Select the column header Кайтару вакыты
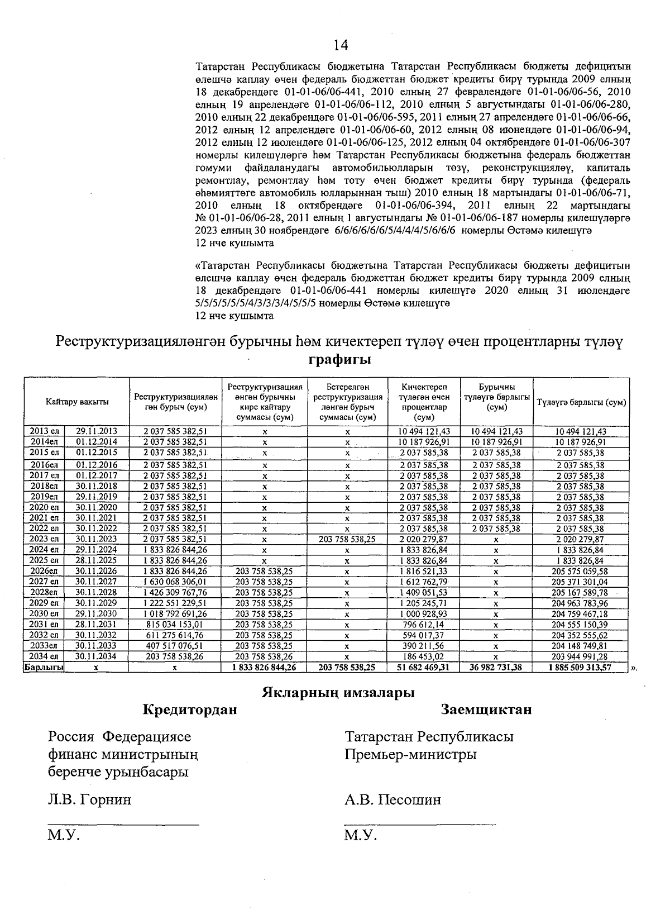coord(77,402)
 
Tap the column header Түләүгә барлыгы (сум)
coord(581,402)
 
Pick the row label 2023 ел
coord(45,539)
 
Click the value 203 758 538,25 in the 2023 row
coord(347,539)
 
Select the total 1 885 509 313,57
coord(581,667)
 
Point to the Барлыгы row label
coord(43,667)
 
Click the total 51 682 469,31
coord(424,667)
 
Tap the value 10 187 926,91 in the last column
coord(581,442)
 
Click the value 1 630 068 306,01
coord(175,582)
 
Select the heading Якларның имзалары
coord(338,693)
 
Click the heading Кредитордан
coord(190,710)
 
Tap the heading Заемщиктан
coord(486,710)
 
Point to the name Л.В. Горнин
coord(90,799)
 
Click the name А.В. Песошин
coord(393,799)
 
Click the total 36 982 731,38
coord(496,667)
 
